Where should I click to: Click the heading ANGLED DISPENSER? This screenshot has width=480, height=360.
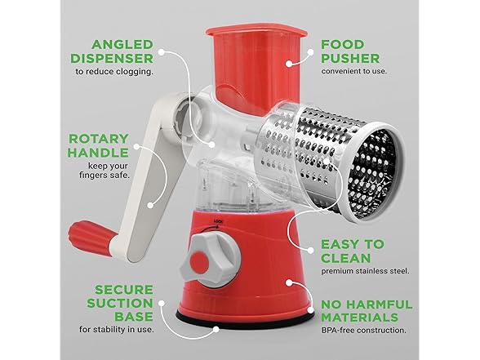point(112,51)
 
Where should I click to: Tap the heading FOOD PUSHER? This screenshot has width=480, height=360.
point(350,51)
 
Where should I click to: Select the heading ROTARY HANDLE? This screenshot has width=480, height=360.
point(98,145)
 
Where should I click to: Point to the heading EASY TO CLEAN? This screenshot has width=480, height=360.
point(352,251)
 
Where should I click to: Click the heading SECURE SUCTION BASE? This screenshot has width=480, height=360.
point(120,303)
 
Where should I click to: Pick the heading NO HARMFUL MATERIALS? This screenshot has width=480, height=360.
point(367,311)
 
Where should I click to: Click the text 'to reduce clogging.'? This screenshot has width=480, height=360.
point(114,72)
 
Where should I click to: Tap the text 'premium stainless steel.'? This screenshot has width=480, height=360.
point(365,271)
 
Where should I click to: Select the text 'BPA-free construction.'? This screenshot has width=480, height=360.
point(364,331)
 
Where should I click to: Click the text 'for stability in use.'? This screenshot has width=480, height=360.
point(116,330)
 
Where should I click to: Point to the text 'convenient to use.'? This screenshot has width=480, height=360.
point(354,71)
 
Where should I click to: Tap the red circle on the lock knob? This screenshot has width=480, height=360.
point(199,261)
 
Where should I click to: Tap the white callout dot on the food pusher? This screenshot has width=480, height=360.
point(289,64)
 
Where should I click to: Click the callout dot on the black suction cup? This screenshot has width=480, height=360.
point(216,330)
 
